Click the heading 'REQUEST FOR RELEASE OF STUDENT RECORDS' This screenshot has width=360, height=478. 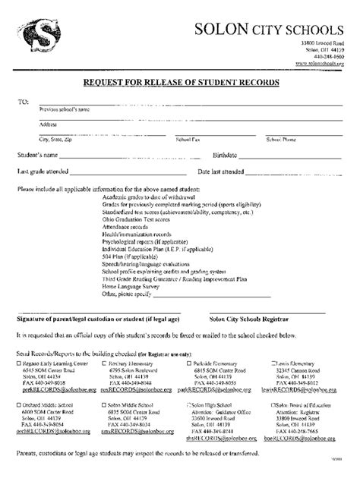(179, 81)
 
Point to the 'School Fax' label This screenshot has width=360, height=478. (188, 140)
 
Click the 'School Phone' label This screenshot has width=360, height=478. (281, 140)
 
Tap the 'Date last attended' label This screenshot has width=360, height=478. (221, 171)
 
